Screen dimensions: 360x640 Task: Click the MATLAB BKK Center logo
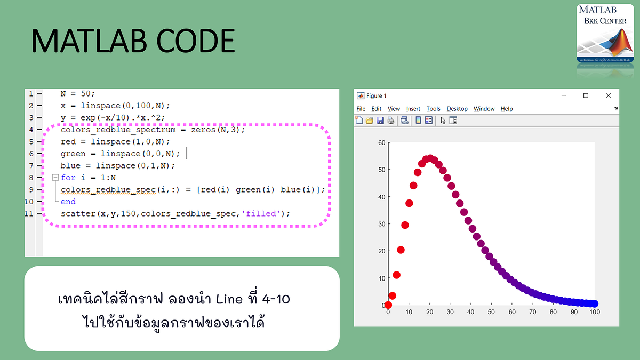coord(605,34)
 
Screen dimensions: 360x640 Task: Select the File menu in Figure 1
coord(361,109)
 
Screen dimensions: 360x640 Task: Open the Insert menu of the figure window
coord(413,109)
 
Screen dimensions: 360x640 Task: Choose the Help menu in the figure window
coord(506,109)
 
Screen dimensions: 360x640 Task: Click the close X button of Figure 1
coord(608,95)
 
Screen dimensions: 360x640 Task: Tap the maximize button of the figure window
coord(586,95)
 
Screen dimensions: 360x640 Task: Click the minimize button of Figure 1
coord(563,95)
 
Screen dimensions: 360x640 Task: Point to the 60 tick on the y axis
coord(381,143)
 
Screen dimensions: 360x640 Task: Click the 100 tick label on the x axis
coord(595,313)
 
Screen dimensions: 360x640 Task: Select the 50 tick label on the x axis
coord(491,313)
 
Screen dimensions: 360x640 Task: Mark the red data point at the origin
coord(388,305)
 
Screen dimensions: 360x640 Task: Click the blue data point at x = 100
coord(594,303)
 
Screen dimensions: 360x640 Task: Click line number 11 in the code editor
coord(30,213)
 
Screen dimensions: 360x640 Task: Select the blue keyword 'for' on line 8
coord(68,178)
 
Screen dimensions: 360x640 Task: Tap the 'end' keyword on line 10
coord(68,202)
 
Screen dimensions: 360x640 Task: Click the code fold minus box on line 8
coord(54,178)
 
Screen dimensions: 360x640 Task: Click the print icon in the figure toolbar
coord(391,121)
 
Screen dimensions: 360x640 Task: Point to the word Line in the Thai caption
coord(229,299)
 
